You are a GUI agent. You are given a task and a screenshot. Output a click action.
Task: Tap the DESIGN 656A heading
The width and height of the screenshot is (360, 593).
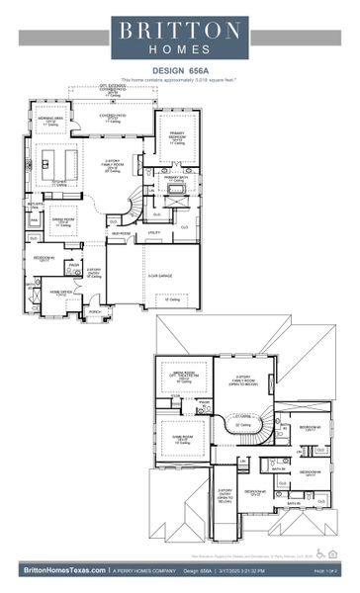point(179,70)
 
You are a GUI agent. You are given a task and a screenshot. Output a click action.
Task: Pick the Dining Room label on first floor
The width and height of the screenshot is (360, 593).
point(61,221)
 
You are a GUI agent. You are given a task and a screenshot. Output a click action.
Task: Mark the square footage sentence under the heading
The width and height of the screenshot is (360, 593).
point(179,79)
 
